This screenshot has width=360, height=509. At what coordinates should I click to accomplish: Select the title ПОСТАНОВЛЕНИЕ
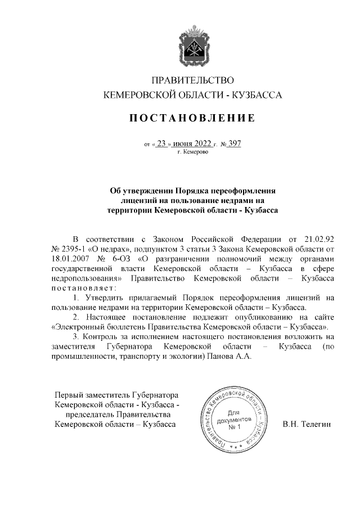click(193, 118)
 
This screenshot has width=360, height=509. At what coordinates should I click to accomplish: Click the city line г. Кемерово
click(193, 152)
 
